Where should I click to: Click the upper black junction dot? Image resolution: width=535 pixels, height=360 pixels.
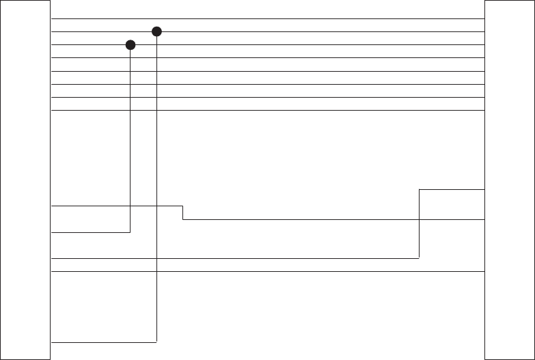coord(156,31)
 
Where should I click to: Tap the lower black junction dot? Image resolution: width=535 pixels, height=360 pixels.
coord(131,45)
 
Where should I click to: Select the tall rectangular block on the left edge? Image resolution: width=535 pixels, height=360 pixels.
coord(26,180)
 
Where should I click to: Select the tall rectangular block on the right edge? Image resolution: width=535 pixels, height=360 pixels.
coord(509,180)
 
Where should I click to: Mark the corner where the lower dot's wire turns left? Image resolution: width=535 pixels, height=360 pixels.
coord(131,232)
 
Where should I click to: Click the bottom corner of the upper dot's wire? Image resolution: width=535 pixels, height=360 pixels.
coord(157,341)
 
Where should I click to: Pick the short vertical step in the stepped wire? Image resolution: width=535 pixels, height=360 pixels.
coord(183,212)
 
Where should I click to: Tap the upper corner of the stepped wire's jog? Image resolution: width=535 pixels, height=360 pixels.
coord(183,206)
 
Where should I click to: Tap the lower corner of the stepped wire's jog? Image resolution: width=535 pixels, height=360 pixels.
coord(183,219)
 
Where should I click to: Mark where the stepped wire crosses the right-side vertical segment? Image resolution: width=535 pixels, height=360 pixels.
coord(419,219)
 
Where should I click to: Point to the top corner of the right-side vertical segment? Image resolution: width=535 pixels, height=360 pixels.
coord(419,189)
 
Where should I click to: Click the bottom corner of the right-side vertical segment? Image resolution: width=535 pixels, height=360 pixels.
coord(419,258)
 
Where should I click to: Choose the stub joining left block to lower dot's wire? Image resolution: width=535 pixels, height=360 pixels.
coord(91,232)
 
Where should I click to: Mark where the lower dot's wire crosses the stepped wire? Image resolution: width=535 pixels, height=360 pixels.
coord(131,206)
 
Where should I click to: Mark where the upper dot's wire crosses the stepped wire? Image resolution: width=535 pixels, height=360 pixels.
coord(157,206)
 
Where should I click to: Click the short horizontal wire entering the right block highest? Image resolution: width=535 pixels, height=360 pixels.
coord(452,189)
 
